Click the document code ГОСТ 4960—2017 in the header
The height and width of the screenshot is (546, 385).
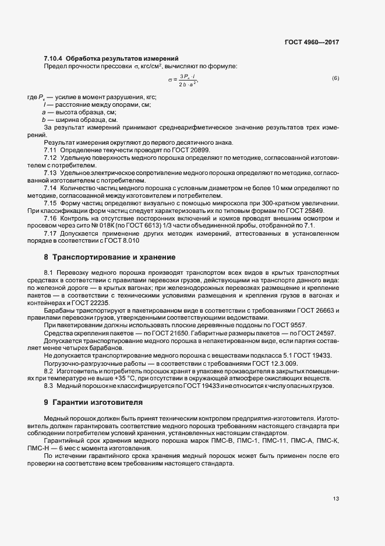tap(311, 42)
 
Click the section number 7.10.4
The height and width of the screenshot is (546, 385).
tap(53, 58)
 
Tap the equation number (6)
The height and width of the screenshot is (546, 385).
tap(335, 78)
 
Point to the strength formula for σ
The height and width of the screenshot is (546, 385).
tap(183, 80)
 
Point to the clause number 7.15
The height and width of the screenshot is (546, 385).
tap(50, 202)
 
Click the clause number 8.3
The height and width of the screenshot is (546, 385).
tap(49, 386)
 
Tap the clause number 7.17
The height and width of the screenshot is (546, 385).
tap(50, 233)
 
